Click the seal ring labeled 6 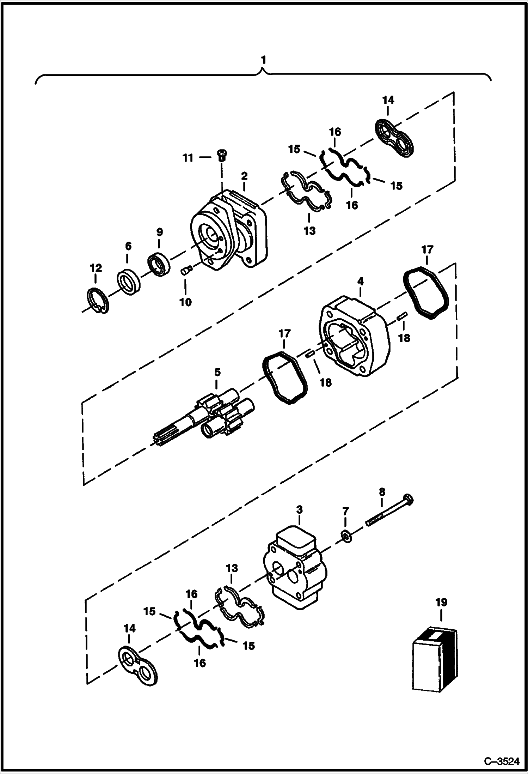(128, 282)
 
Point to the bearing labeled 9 (158, 264)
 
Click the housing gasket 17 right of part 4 (426, 293)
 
